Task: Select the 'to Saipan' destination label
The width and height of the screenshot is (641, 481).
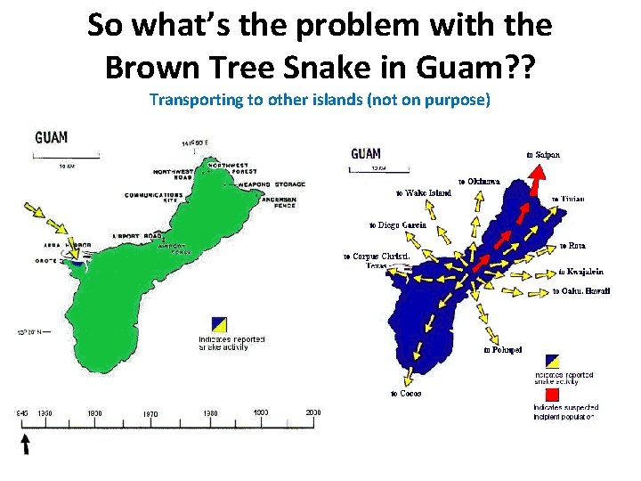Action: pyautogui.click(x=543, y=153)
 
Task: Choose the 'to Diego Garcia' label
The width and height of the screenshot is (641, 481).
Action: pyautogui.click(x=398, y=224)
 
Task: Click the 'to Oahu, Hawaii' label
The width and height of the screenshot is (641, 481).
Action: pyautogui.click(x=581, y=291)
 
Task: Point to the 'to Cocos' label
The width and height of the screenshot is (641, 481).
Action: pyautogui.click(x=406, y=393)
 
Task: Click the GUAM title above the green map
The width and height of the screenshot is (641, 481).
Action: pyautogui.click(x=52, y=138)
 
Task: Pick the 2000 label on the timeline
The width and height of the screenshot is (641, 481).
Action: pyautogui.click(x=312, y=412)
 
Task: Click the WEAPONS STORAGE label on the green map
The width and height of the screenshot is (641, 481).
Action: pyautogui.click(x=272, y=184)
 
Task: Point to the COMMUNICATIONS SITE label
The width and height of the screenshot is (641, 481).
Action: pyautogui.click(x=148, y=198)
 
